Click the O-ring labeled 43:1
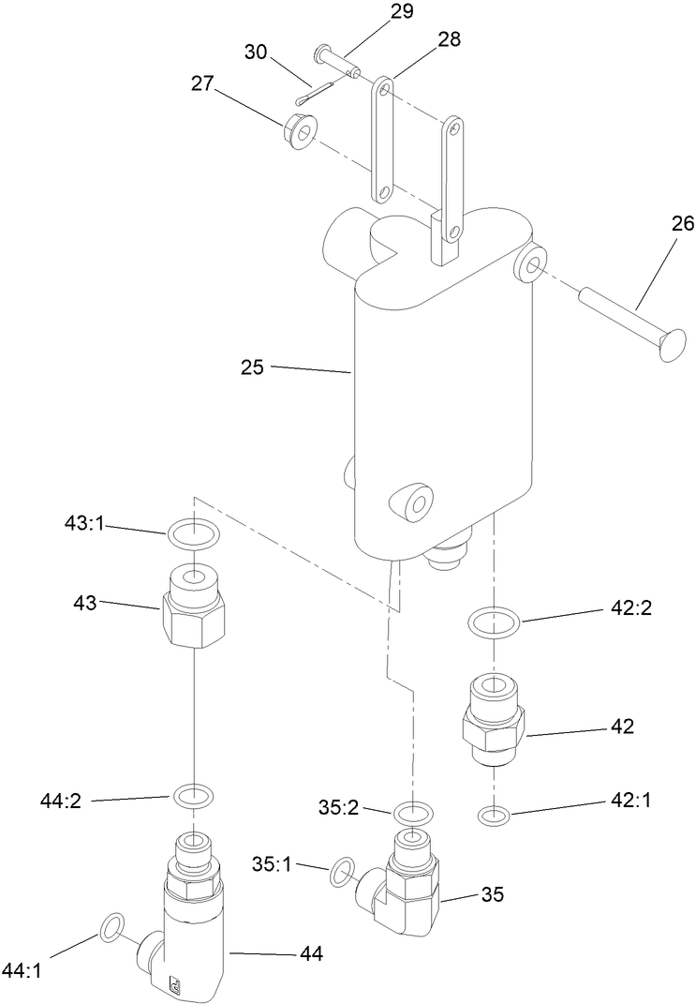[192, 535]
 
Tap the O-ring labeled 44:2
[193, 797]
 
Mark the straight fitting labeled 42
[495, 722]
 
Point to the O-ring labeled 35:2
[412, 812]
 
